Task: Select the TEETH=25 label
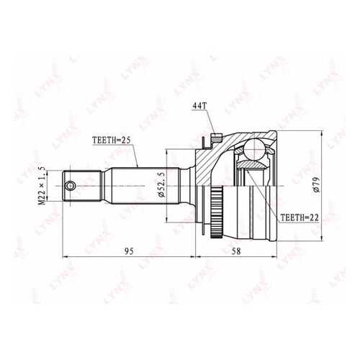pyautogui.click(x=112, y=140)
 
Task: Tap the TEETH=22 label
pyautogui.click(x=300, y=217)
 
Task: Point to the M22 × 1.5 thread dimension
pyautogui.click(x=42, y=185)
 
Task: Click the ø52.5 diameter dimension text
pyautogui.click(x=162, y=184)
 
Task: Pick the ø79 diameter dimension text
pyautogui.click(x=316, y=184)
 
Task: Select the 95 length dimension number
pyautogui.click(x=129, y=251)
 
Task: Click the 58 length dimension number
pyautogui.click(x=236, y=251)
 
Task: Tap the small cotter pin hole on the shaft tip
pyautogui.click(x=70, y=186)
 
